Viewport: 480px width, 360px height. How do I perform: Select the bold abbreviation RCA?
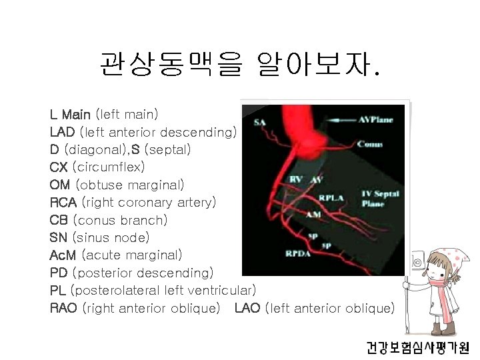pos(63,201)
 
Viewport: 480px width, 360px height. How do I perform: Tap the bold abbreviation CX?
pos(59,167)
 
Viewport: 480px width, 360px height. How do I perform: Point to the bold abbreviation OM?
pos(61,184)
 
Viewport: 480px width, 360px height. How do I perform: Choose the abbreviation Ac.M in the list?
pos(64,255)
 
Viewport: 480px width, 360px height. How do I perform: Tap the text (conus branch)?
pos(120,219)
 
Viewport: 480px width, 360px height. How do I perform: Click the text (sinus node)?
pos(111,237)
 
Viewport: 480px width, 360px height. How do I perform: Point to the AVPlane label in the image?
pos(376,120)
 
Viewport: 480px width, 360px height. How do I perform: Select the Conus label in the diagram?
pos(369,143)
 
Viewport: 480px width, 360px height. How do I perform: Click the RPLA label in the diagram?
pos(331,197)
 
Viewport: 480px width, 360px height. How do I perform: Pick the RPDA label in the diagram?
pos(297,253)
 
